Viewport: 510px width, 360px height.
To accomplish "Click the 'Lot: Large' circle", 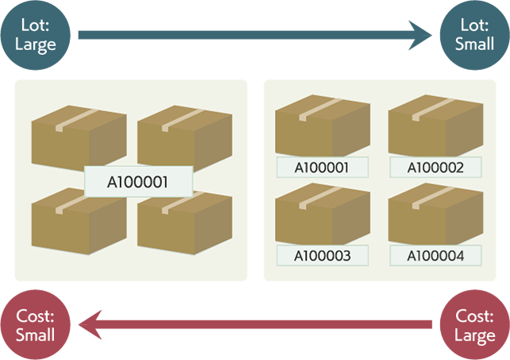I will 36,35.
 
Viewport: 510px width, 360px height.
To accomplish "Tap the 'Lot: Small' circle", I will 474,35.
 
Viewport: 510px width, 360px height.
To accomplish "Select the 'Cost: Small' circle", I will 36,325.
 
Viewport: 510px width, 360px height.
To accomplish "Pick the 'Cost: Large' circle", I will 474,325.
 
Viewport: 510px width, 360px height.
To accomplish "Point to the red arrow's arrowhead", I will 89,325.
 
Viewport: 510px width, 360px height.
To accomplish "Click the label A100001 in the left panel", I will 138,180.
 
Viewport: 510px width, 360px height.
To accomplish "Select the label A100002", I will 435,167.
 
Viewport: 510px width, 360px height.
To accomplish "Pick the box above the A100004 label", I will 435,216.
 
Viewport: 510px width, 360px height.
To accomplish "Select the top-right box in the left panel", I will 184,137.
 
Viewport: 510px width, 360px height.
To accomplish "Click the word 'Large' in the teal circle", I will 36,44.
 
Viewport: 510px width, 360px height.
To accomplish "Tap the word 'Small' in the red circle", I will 36,335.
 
